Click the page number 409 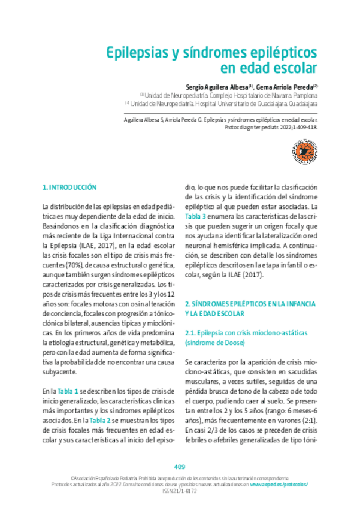[x=180, y=467]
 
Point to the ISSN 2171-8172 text [x=180, y=492]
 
